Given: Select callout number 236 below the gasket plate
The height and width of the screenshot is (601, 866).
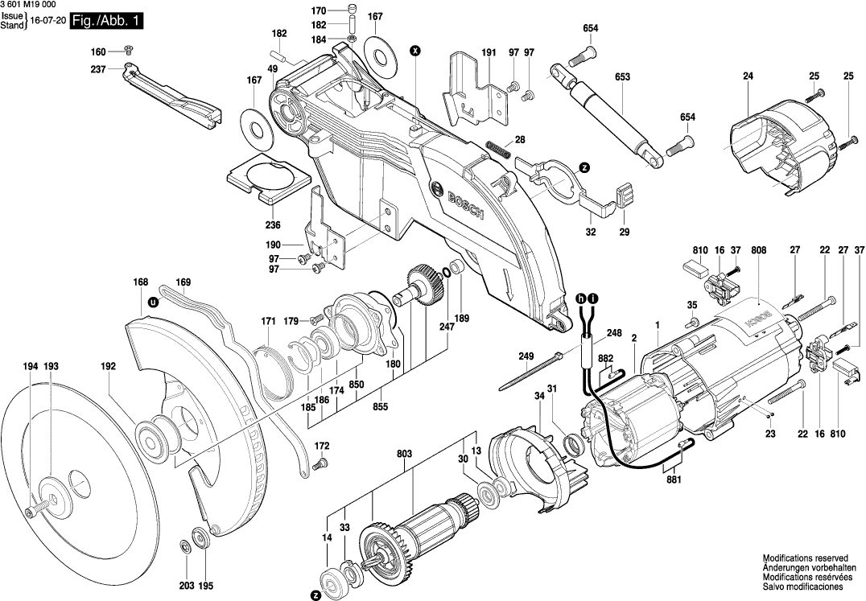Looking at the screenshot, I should pyautogui.click(x=273, y=224).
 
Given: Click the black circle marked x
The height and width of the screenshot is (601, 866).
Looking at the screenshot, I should pyautogui.click(x=414, y=51).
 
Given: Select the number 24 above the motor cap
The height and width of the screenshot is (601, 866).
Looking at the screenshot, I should pyautogui.click(x=748, y=76).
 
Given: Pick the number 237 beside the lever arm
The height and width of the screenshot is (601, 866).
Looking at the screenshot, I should pyautogui.click(x=98, y=68).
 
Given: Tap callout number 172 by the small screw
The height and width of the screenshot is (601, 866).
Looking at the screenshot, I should pyautogui.click(x=322, y=446).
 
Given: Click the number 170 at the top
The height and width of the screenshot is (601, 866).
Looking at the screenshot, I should pyautogui.click(x=319, y=10).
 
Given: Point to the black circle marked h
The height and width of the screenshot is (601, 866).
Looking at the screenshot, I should pyautogui.click(x=580, y=298).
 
